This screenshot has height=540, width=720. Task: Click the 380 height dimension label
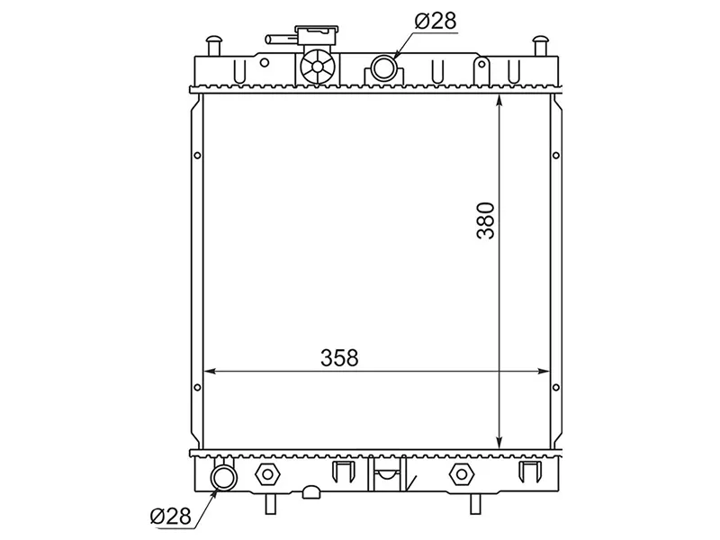tap(486, 220)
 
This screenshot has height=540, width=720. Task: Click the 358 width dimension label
tap(339, 358)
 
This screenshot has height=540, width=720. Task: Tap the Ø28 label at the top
tap(436, 21)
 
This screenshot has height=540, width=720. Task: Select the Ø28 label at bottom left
tap(170, 517)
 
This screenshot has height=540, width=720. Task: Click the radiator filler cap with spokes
tap(318, 67)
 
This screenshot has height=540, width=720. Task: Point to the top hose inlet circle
tap(383, 67)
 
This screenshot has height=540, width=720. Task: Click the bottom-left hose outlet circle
tap(224, 478)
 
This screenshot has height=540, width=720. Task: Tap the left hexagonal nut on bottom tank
tap(266, 474)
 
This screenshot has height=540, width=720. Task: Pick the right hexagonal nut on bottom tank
tap(461, 474)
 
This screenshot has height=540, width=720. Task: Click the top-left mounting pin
tap(213, 45)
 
